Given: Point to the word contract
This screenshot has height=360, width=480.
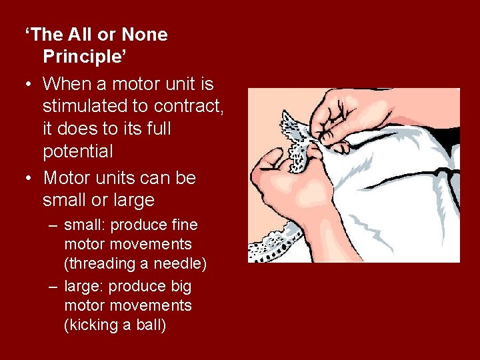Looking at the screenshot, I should (191, 106).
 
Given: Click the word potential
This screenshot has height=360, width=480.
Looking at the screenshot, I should (78, 151).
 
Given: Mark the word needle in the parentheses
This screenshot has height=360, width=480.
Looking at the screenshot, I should (181, 264).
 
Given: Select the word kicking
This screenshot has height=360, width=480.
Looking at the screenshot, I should (92, 325).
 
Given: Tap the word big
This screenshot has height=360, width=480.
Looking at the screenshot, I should (180, 287).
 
